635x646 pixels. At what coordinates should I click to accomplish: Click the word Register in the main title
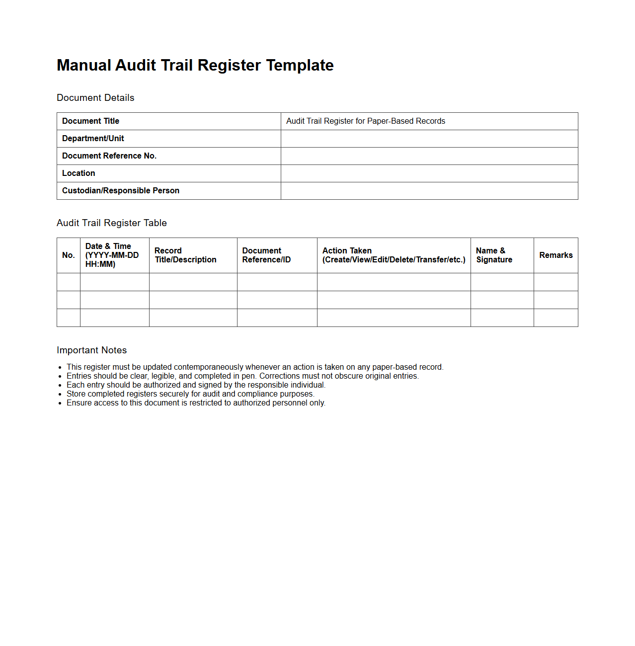229,65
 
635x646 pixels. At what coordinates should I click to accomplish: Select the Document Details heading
95,98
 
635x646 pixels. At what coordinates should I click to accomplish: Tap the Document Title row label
90,121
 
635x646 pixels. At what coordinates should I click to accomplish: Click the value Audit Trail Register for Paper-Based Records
365,121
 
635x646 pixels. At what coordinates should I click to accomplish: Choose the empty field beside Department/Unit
429,139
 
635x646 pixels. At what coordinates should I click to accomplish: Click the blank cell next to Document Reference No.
429,156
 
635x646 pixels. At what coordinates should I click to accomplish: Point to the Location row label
79,173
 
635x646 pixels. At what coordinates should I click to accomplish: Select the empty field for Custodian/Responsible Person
429,191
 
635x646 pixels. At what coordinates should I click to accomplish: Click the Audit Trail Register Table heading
112,223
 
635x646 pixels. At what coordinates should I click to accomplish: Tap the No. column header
69,255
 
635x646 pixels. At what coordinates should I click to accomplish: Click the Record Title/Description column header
185,255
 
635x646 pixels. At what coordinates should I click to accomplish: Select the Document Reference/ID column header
266,255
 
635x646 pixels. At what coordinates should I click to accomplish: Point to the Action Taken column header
394,255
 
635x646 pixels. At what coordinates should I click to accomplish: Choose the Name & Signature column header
494,255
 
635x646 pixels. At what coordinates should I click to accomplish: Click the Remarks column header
556,255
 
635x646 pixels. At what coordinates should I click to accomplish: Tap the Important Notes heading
92,350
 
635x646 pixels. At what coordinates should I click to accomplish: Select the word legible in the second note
163,376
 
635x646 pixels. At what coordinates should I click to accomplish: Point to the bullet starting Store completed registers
190,394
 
